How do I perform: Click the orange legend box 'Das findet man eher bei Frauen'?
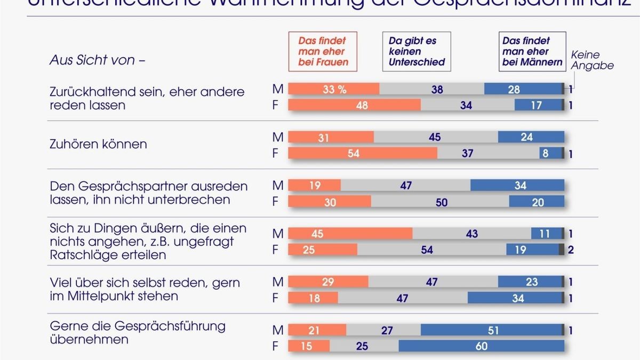[322, 52]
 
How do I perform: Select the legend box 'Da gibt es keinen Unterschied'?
[417, 52]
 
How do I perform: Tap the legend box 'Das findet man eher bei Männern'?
[532, 52]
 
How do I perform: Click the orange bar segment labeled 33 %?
[334, 90]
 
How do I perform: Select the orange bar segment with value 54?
[363, 154]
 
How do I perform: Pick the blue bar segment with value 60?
[481, 347]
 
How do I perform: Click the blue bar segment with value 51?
[492, 331]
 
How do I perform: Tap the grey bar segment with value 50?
[440, 202]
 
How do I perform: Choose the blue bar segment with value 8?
[551, 154]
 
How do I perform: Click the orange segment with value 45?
[350, 234]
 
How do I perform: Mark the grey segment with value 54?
[431, 250]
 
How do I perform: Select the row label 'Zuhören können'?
[98, 145]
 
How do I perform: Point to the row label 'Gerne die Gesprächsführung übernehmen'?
[137, 332]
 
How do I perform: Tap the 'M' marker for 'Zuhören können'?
[277, 138]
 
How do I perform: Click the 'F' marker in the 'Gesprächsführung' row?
[276, 347]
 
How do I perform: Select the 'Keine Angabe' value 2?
[571, 250]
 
